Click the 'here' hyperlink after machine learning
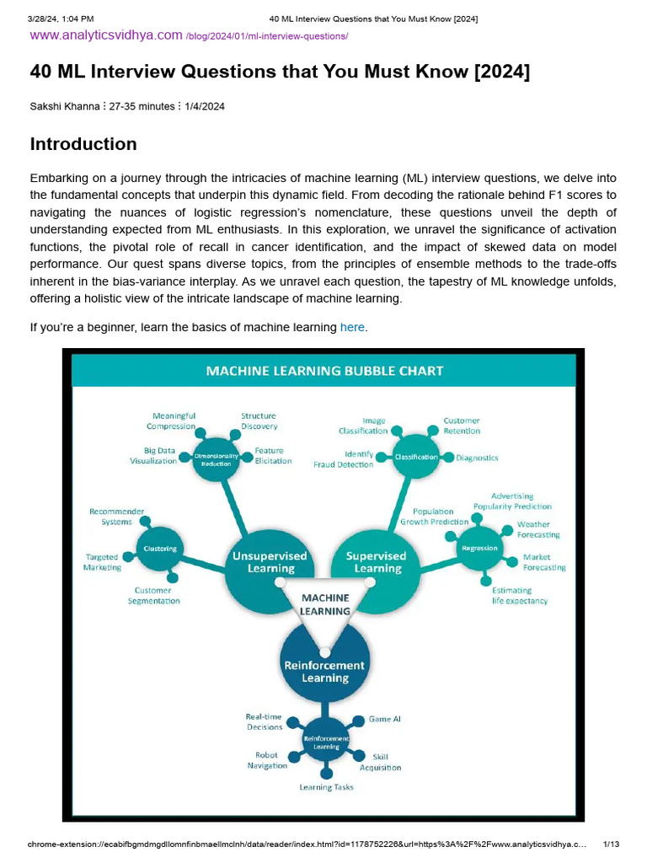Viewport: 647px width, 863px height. [x=352, y=327]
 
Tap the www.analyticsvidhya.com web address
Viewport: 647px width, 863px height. [x=106, y=35]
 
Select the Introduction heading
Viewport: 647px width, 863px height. [x=83, y=144]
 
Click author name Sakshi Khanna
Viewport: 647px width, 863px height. [x=64, y=107]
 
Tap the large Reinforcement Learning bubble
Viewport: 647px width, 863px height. [x=324, y=670]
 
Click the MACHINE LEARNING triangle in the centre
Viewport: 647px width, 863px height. [x=324, y=603]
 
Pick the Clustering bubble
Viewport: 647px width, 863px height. [x=160, y=549]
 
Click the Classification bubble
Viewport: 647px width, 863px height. [x=416, y=457]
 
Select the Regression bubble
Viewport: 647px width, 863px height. [x=479, y=548]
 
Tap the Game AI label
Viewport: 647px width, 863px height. [x=384, y=719]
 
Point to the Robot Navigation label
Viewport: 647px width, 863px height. [x=267, y=760]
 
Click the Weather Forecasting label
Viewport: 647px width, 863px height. [x=537, y=529]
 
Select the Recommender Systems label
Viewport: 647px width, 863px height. [x=116, y=516]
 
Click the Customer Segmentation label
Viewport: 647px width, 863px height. [x=153, y=595]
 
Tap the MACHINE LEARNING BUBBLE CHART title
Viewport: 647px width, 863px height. [x=324, y=371]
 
